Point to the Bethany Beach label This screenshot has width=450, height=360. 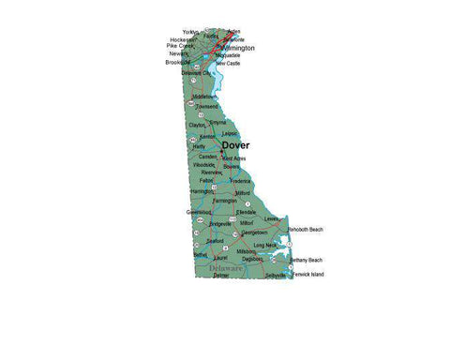(306, 260)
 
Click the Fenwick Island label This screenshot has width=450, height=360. (307, 275)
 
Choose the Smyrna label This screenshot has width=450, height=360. (217, 122)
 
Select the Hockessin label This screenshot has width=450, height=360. (183, 39)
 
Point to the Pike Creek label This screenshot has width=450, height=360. (179, 46)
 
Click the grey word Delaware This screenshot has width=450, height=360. (225, 267)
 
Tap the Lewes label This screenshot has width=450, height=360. (272, 218)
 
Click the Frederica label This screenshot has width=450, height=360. (240, 180)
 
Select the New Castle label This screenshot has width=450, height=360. (228, 63)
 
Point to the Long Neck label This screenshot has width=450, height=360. (265, 245)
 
